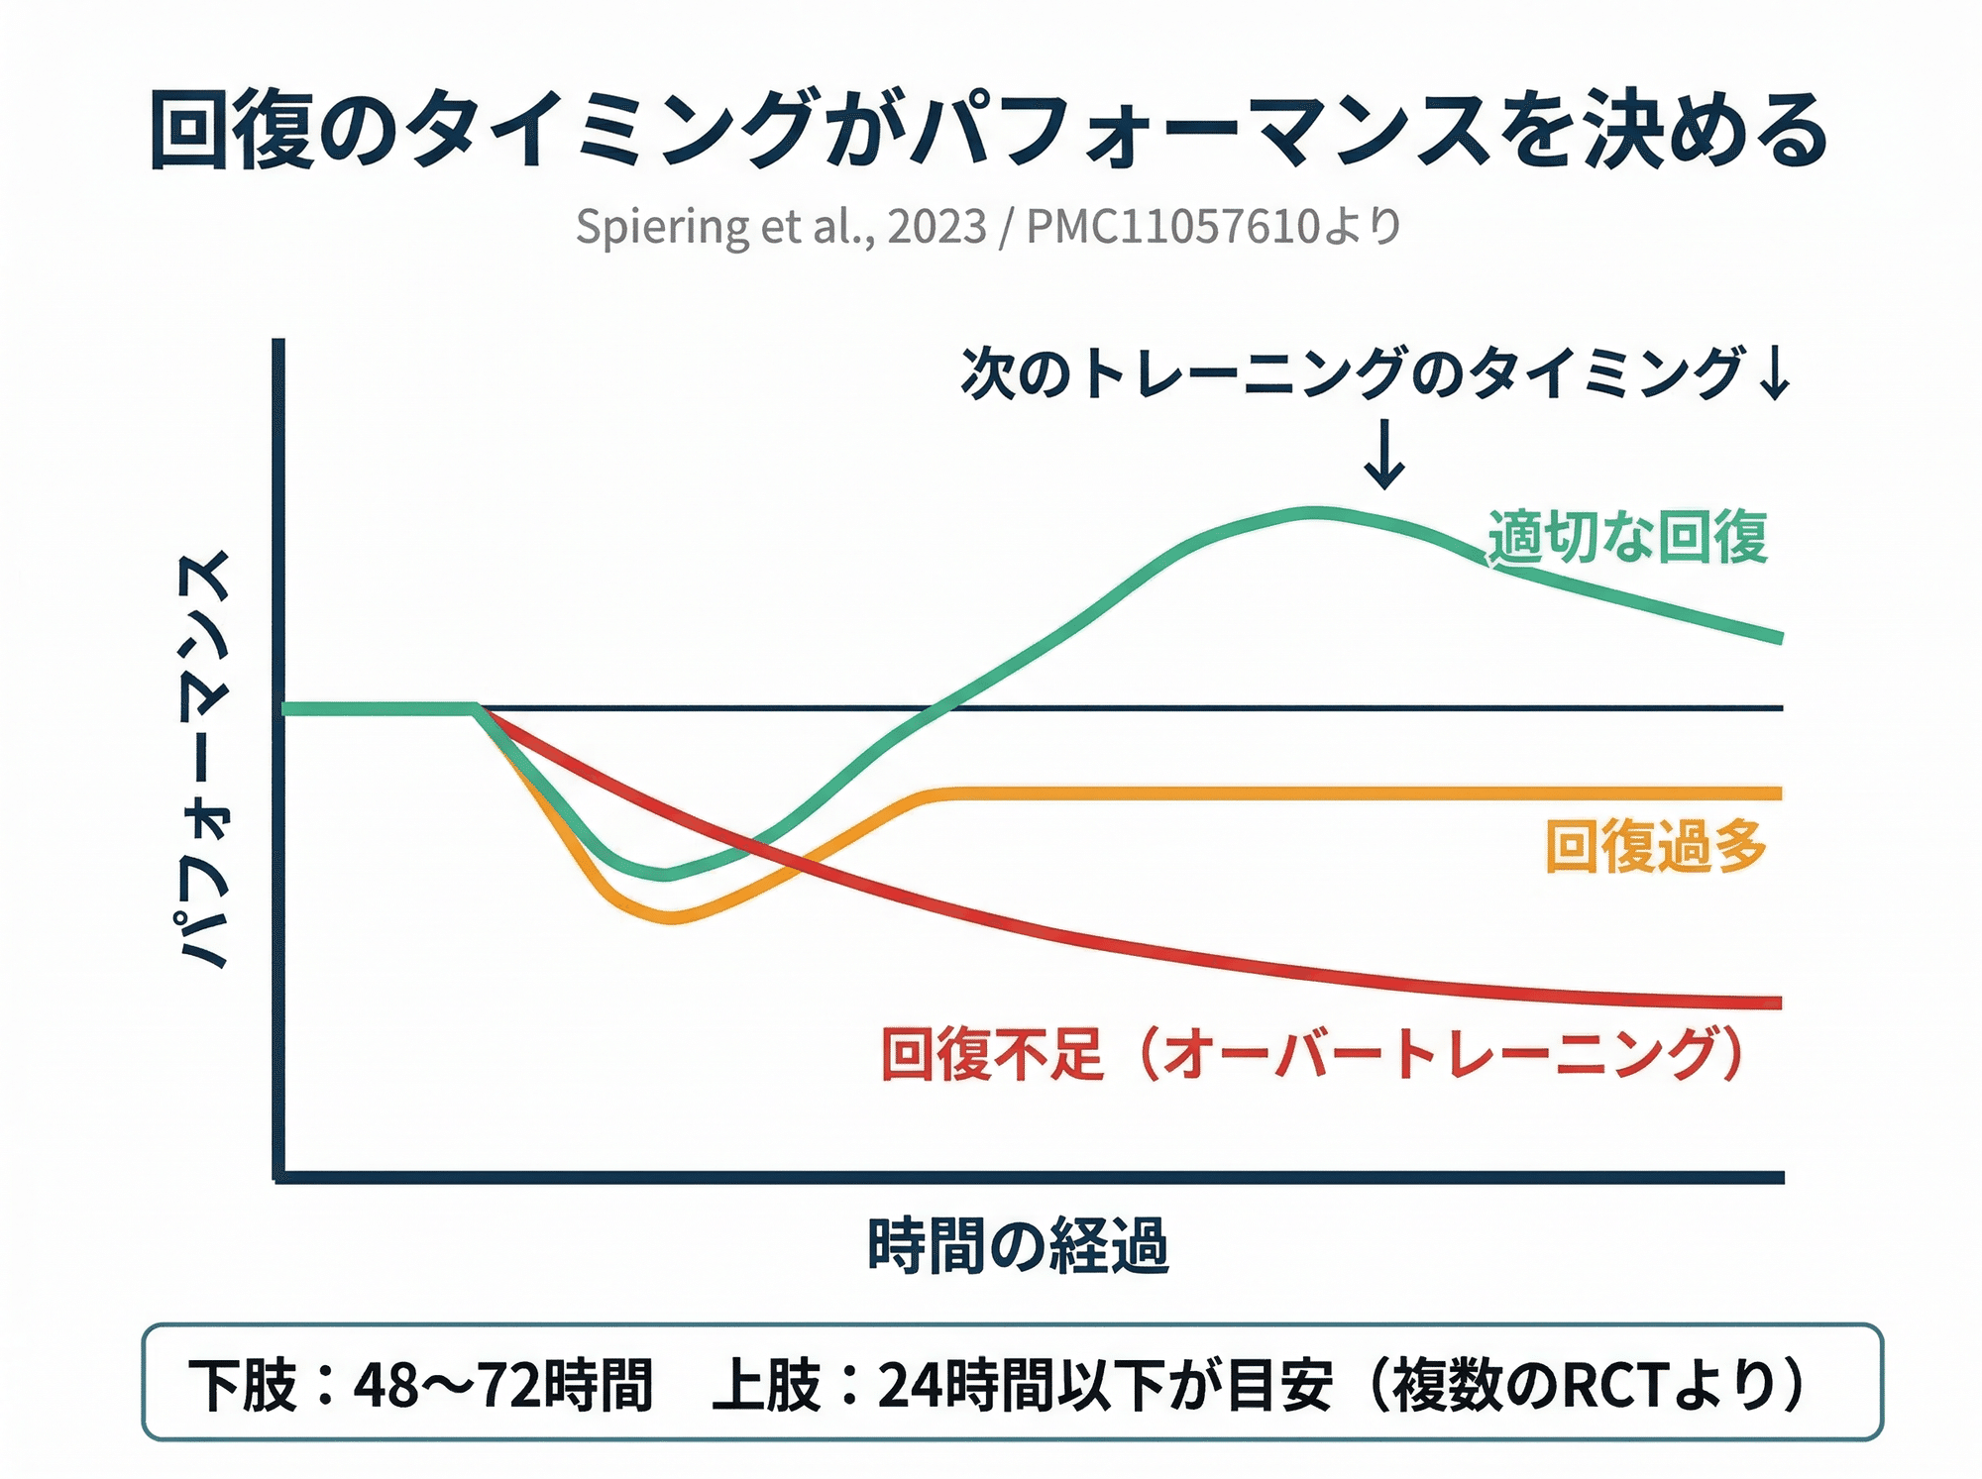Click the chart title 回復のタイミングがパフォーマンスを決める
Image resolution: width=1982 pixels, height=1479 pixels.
(989, 130)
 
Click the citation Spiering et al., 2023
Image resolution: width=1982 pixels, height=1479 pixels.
(781, 227)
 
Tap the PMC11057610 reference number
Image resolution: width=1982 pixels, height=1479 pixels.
(1172, 227)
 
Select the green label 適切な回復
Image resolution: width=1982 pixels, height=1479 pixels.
(1628, 538)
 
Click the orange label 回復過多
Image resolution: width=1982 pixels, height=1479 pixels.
(1656, 847)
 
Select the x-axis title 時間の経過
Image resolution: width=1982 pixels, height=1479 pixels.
(1018, 1245)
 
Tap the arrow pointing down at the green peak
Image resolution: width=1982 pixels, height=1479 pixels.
(1384, 454)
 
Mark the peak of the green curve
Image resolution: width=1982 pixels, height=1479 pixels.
(1313, 513)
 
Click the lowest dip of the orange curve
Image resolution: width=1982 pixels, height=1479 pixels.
(671, 917)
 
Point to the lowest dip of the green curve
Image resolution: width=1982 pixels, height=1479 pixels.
(665, 874)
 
